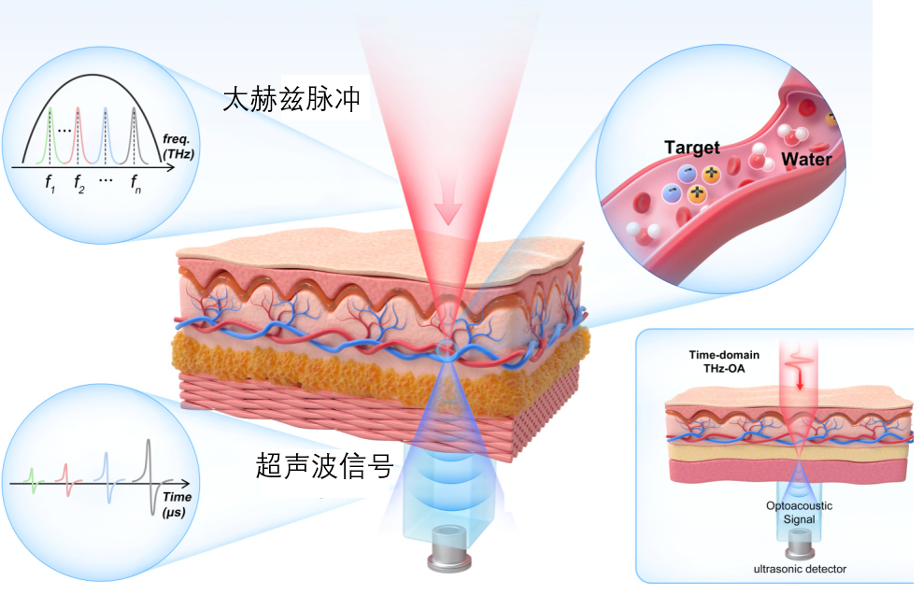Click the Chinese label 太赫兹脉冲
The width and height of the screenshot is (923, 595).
(291, 99)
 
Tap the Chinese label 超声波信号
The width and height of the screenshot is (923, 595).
(324, 466)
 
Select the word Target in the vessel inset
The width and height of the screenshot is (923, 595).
(691, 148)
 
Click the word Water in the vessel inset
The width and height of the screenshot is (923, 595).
(806, 159)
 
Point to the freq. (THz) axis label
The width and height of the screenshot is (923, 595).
(178, 147)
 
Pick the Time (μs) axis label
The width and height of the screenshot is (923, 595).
(177, 504)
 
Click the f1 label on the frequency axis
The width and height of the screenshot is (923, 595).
(50, 183)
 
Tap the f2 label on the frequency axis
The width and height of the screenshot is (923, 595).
(79, 184)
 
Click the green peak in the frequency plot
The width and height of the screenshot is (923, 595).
(50, 135)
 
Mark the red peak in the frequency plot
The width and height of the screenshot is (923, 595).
(78, 135)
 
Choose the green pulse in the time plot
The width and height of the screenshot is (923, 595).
(34, 480)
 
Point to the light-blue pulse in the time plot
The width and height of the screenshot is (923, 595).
(107, 477)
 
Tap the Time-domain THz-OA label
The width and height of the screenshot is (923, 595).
(724, 361)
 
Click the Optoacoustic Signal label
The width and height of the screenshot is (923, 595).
(799, 513)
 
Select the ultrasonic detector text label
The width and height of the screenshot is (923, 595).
(800, 569)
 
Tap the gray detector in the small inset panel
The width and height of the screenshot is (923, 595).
(800, 544)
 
